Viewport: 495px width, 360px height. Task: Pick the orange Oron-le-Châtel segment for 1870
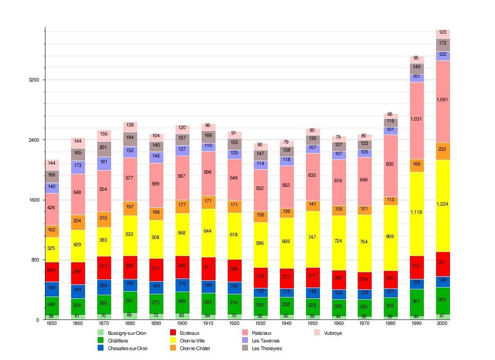(104, 220)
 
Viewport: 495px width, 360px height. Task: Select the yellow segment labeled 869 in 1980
(391, 238)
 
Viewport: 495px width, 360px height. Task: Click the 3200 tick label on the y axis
(34, 80)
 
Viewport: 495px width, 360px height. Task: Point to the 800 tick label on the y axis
(36, 260)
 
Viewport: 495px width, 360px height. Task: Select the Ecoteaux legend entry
(189, 333)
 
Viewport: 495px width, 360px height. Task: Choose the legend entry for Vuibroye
(333, 333)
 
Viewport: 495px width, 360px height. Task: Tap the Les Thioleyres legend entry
(266, 348)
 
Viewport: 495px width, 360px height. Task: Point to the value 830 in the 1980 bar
(391, 164)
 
